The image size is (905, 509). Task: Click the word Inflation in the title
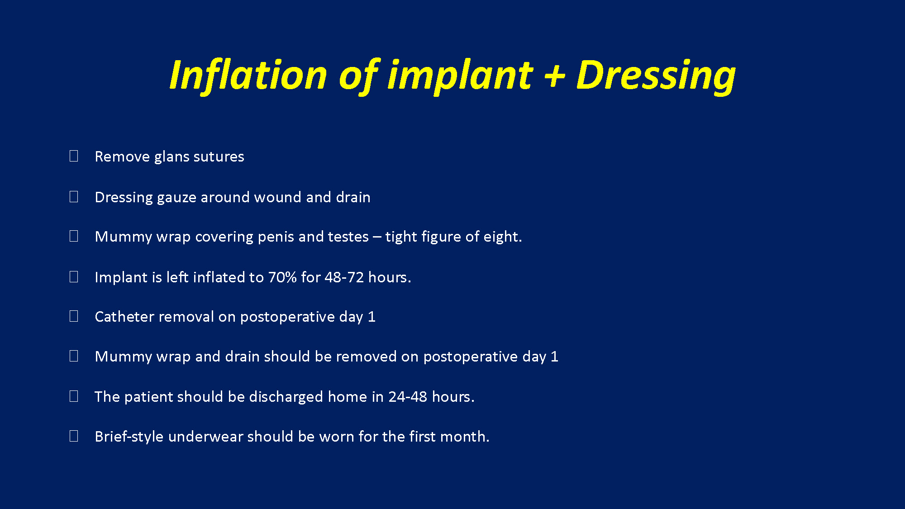click(x=248, y=75)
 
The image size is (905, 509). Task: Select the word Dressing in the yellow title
click(x=656, y=76)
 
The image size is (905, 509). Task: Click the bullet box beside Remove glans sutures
click(x=74, y=156)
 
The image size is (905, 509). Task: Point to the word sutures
click(x=219, y=157)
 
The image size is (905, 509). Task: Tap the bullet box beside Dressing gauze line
click(x=74, y=196)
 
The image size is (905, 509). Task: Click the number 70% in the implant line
click(x=282, y=277)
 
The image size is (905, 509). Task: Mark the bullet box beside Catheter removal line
click(x=74, y=316)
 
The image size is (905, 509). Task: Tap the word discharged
click(x=286, y=397)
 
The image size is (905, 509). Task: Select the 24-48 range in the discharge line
click(x=408, y=397)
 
